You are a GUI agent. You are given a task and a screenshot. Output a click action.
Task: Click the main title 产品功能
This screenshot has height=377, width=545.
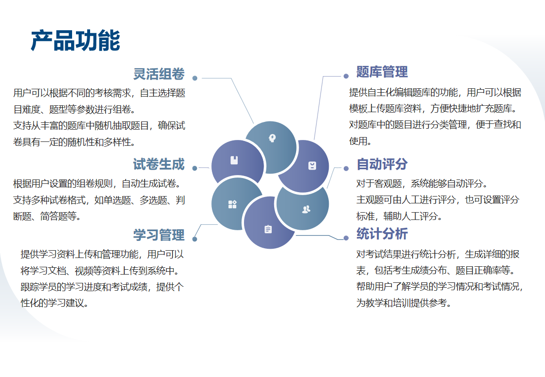(x=75, y=41)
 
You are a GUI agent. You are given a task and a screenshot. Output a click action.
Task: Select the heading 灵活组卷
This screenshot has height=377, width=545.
(x=159, y=74)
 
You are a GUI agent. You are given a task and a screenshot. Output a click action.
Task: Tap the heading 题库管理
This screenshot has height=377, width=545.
(x=382, y=72)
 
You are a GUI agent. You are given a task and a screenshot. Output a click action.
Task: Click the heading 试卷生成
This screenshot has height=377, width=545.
(x=159, y=164)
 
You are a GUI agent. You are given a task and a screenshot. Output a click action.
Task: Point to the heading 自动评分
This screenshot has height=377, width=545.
(x=382, y=164)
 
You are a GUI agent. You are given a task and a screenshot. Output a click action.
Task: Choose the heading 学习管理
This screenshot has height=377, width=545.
(x=159, y=235)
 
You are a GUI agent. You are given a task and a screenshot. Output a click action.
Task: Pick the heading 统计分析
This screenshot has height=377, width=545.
(x=382, y=234)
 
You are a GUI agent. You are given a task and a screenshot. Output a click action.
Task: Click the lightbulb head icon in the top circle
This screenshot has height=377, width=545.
(x=272, y=138)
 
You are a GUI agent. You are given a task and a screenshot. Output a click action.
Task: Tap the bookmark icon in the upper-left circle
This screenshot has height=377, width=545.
(x=234, y=160)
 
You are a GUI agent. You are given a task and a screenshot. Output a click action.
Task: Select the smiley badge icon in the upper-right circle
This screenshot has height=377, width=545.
(x=312, y=166)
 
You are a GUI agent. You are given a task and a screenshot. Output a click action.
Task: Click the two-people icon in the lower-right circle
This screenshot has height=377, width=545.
(x=306, y=209)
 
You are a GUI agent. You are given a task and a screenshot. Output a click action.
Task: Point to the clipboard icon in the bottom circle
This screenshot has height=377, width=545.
(x=268, y=229)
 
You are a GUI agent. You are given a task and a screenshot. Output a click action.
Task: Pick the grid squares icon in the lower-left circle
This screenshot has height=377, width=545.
(x=232, y=204)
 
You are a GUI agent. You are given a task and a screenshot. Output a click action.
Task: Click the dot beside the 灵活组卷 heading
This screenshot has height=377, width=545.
(x=195, y=79)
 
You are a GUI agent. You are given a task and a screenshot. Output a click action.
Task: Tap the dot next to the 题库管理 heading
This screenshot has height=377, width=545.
(x=346, y=76)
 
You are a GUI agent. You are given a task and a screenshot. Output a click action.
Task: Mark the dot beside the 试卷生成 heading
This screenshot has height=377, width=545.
(x=195, y=168)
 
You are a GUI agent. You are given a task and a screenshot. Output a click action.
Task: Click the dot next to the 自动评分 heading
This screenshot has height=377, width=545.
(x=346, y=168)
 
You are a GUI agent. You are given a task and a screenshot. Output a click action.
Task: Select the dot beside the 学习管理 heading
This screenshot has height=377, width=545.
(x=195, y=239)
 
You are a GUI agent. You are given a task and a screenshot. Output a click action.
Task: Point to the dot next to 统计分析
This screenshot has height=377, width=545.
(x=346, y=238)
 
